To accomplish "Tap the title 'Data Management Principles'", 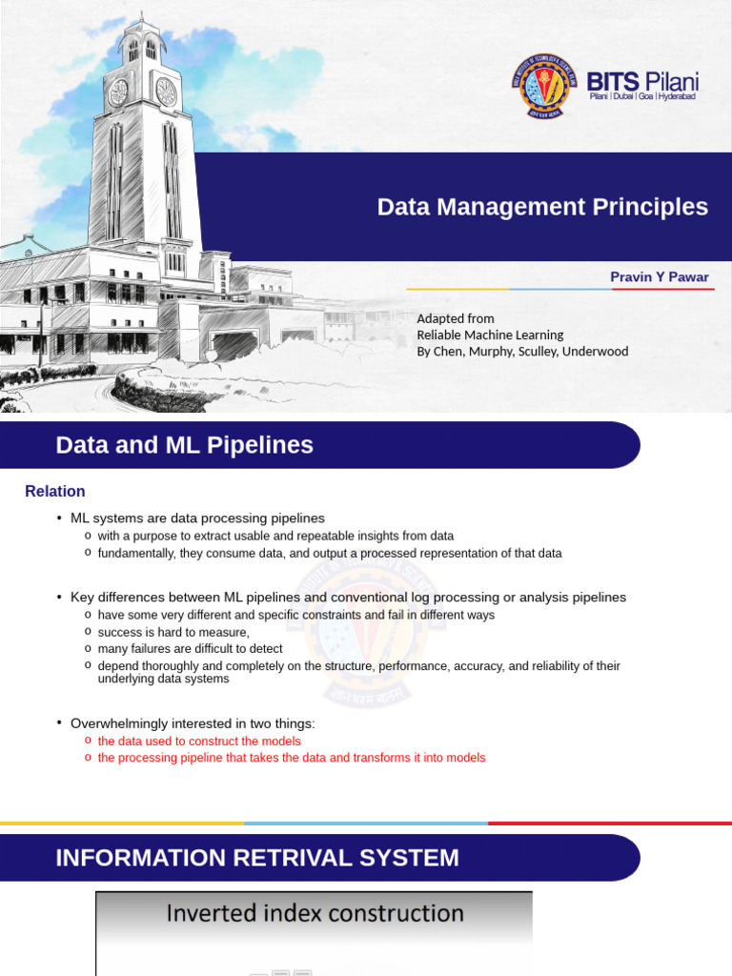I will click(542, 207).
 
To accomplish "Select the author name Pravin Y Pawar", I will click(660, 276).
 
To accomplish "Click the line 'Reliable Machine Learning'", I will click(490, 335).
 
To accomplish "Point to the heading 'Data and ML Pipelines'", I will click(184, 445).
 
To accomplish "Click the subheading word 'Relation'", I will click(54, 491).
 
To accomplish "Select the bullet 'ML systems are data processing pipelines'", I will click(197, 518).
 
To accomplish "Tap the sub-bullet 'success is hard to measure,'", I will click(173, 632).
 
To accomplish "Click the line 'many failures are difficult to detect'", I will click(190, 648).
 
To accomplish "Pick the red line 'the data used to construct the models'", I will click(199, 741).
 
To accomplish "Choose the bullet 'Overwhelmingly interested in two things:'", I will click(193, 723).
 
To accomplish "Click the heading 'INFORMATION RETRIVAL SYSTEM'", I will click(257, 858).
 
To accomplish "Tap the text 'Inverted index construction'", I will click(315, 913).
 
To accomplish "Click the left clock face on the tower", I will click(118, 92).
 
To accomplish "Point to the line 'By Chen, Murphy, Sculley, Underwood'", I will click(522, 351).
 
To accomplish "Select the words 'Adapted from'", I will click(456, 318).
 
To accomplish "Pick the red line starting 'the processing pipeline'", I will click(292, 758).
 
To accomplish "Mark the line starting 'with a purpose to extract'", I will click(275, 536).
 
